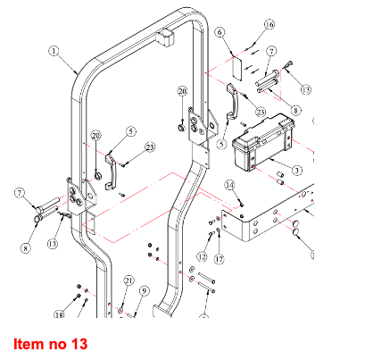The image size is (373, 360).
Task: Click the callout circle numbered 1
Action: click(54, 51)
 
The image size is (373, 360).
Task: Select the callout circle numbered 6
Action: click(220, 32)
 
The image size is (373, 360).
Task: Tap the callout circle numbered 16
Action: click(269, 24)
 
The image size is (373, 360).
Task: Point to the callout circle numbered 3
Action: click(296, 170)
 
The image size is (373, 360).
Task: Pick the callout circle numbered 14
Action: click(229, 185)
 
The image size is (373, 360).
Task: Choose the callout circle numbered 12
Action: click(202, 256)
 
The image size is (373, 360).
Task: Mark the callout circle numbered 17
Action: click(220, 259)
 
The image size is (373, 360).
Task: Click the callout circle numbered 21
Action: click(128, 280)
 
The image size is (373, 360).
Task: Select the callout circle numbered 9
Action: click(144, 290)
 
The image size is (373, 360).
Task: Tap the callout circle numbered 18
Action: click(59, 314)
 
